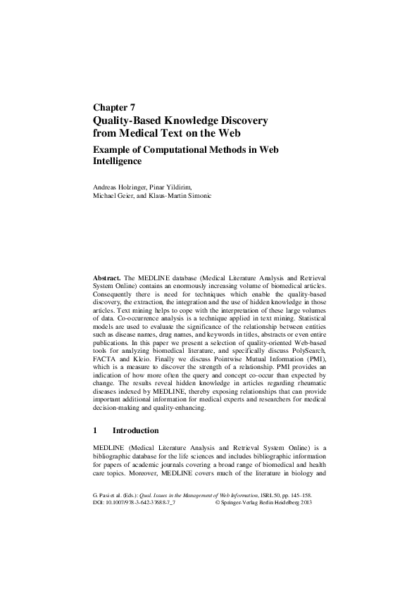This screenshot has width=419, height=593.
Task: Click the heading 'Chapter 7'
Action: (114, 108)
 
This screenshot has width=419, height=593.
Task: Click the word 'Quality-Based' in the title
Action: (131, 120)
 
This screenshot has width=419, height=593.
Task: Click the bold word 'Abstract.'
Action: (108, 280)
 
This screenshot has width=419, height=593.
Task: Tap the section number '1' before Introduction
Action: (96, 430)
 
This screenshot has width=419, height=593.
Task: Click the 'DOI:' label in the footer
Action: (100, 503)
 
